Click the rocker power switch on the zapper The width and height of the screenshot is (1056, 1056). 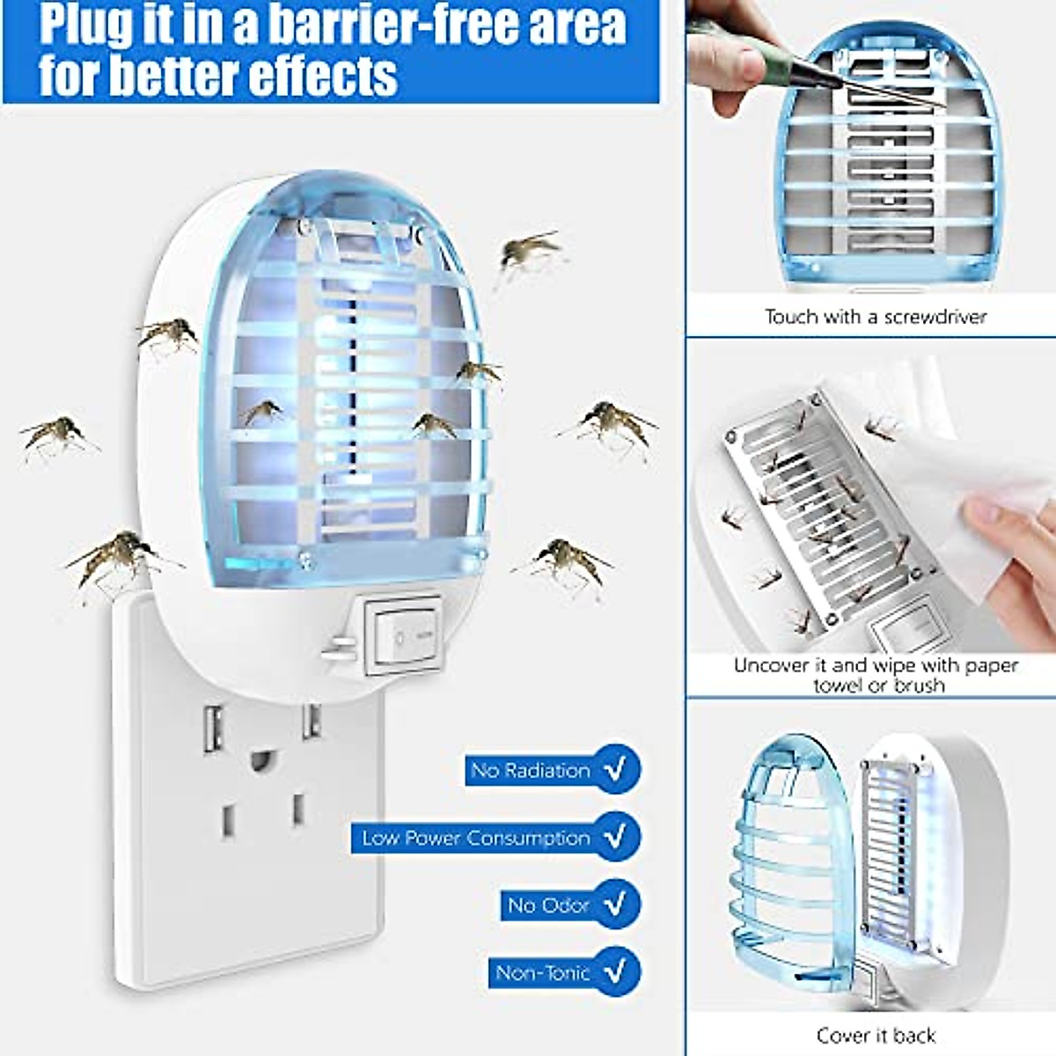tap(403, 634)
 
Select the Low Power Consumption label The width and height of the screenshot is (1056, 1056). tap(476, 838)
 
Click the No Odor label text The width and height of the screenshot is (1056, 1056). tap(547, 905)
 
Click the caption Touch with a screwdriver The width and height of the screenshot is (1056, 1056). tap(875, 317)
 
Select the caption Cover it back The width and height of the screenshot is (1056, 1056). tap(876, 1035)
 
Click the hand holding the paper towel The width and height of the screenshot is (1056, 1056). tap(1012, 546)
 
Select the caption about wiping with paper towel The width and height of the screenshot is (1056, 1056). tap(876, 675)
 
